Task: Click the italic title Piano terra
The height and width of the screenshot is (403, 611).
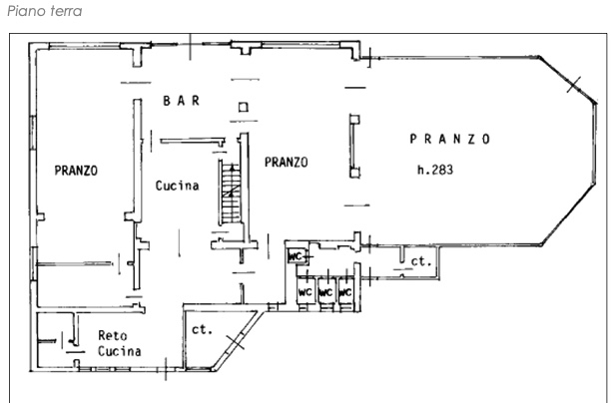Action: pos(45,11)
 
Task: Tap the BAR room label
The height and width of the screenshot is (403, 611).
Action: pos(182,101)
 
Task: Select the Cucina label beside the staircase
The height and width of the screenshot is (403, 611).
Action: pos(178,186)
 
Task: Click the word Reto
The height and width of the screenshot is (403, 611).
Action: pos(112,335)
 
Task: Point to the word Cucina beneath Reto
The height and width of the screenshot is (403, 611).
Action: pos(119,351)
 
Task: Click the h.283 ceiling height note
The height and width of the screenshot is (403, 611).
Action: pos(435,170)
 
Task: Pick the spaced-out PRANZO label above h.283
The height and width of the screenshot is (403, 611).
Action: pos(450,139)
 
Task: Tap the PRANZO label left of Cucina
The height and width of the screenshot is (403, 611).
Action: pos(76,171)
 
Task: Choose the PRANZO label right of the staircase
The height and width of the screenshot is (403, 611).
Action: pos(287,162)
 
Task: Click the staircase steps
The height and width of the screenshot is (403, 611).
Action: pos(231,194)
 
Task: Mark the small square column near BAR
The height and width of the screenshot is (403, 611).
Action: pos(244,107)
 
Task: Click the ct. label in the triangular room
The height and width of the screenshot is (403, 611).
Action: pos(203,329)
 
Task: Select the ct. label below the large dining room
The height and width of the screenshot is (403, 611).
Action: pos(421,261)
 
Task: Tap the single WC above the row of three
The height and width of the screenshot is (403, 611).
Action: pos(297,256)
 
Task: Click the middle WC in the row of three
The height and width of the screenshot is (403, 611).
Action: pos(325,291)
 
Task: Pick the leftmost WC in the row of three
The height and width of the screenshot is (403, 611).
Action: pos(305,291)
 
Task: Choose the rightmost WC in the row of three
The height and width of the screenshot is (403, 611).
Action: pos(345,291)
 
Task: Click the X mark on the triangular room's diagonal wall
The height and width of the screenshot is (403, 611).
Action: pos(236,342)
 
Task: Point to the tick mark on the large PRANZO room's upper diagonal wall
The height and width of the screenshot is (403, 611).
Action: pos(574,85)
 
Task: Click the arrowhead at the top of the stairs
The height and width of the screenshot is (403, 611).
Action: pos(233,168)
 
